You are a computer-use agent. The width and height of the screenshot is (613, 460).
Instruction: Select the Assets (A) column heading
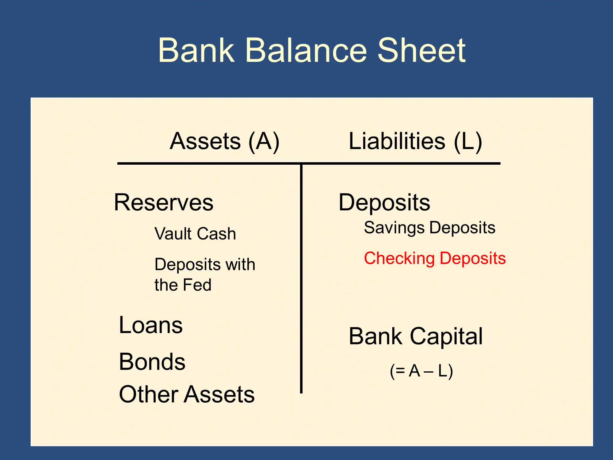coord(225,141)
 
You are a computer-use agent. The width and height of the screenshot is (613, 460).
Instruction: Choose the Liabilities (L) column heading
coord(416,141)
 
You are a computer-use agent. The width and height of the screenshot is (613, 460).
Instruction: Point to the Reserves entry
coord(164,202)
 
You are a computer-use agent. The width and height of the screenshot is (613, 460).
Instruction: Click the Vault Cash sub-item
coord(195,234)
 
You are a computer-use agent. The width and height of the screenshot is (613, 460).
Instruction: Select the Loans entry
coord(151,325)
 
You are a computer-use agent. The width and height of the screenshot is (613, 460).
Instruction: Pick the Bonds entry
coord(152,362)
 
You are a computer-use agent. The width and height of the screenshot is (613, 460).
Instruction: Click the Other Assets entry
coord(187,394)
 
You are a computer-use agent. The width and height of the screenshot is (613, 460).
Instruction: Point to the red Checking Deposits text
coord(435,259)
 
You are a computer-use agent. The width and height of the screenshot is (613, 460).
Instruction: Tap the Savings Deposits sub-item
coord(430,228)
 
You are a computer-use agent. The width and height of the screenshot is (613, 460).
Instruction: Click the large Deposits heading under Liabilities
coord(384,203)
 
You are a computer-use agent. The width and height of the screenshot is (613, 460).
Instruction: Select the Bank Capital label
coord(416,337)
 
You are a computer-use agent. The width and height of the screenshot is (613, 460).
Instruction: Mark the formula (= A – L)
coord(421,371)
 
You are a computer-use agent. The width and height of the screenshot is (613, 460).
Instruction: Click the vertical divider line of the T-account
coord(301,278)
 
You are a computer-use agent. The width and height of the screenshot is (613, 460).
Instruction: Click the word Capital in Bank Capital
coord(446,337)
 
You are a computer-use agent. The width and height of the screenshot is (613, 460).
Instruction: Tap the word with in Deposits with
coord(240,264)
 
